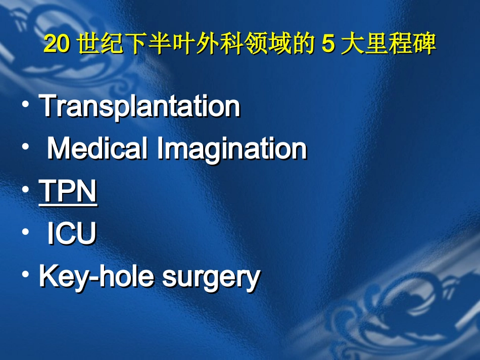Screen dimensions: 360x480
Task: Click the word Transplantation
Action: (x=139, y=106)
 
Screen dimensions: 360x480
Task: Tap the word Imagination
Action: (x=232, y=149)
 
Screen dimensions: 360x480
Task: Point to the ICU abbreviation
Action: (x=71, y=234)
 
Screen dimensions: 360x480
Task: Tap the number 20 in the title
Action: (x=56, y=44)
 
